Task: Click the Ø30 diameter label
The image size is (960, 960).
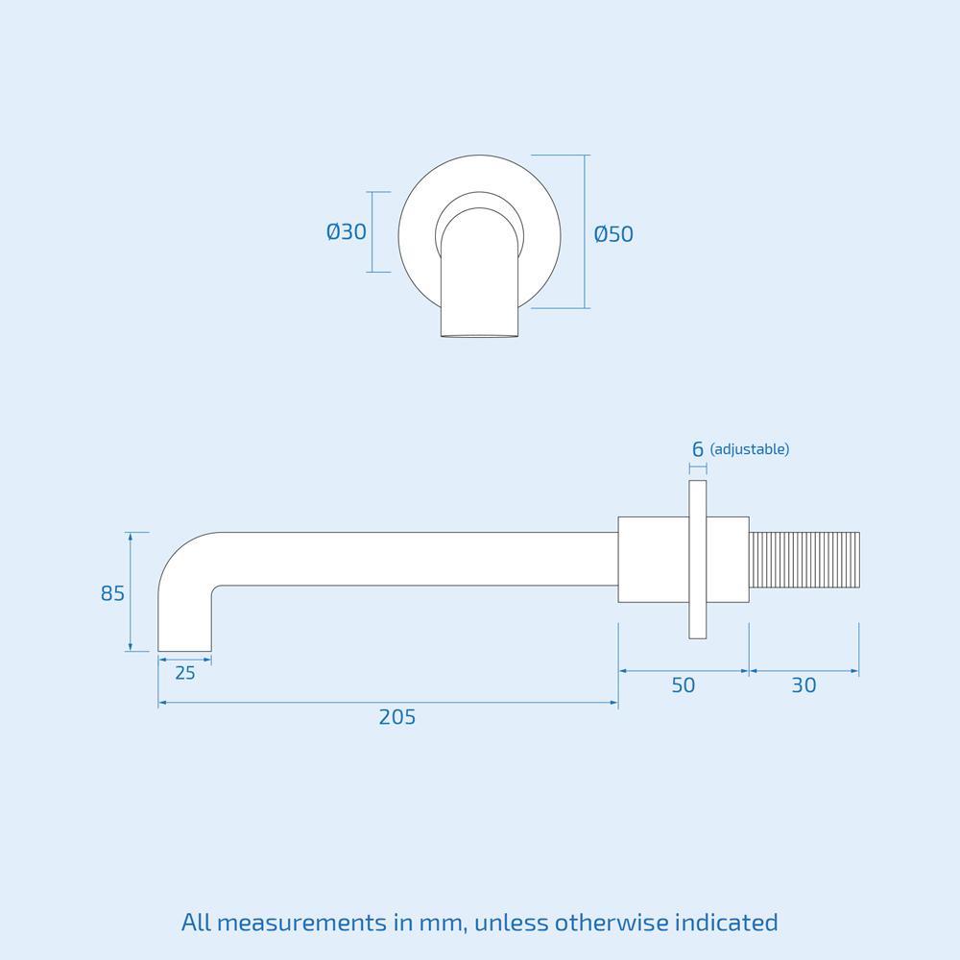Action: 347,232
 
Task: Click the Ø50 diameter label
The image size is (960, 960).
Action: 613,234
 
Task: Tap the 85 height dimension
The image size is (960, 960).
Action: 112,594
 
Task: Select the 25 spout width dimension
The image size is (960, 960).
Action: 185,674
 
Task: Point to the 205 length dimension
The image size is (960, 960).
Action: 397,717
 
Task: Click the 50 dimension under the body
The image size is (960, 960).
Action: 683,685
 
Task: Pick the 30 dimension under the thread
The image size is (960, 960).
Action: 804,685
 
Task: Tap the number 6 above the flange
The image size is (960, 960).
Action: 698,449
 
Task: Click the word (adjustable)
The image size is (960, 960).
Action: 750,449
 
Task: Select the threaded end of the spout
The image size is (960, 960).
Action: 804,560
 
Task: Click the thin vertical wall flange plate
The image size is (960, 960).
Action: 698,560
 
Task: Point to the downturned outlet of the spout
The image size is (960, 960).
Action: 184,624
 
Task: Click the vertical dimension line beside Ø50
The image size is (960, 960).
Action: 585,231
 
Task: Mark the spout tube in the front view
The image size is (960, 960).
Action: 479,288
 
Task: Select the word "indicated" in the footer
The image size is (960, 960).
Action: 726,924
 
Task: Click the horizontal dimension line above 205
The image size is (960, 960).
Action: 388,703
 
